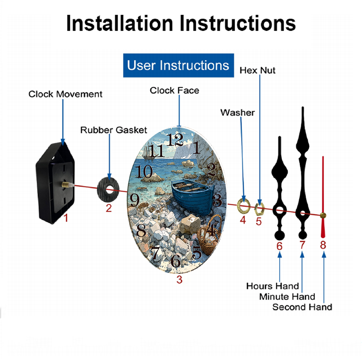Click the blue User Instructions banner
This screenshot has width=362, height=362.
178,65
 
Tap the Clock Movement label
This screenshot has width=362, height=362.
65,94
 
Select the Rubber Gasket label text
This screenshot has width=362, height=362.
114,130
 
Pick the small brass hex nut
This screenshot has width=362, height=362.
259,209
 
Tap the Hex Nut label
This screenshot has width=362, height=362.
257,71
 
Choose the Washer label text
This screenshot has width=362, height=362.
237,113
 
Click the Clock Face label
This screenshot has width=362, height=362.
174,90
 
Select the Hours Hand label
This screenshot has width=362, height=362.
273,286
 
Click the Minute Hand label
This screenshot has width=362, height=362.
287,297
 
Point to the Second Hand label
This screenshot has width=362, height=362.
302,307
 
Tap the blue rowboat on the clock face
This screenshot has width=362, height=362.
193,195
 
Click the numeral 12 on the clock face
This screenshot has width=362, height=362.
175,140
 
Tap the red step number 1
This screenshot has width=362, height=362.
66,218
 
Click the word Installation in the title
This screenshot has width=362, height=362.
119,23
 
